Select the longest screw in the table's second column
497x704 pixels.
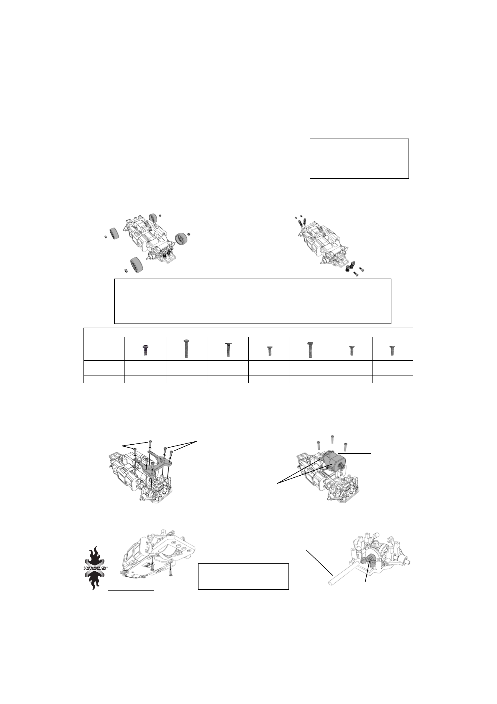pos(186,349)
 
